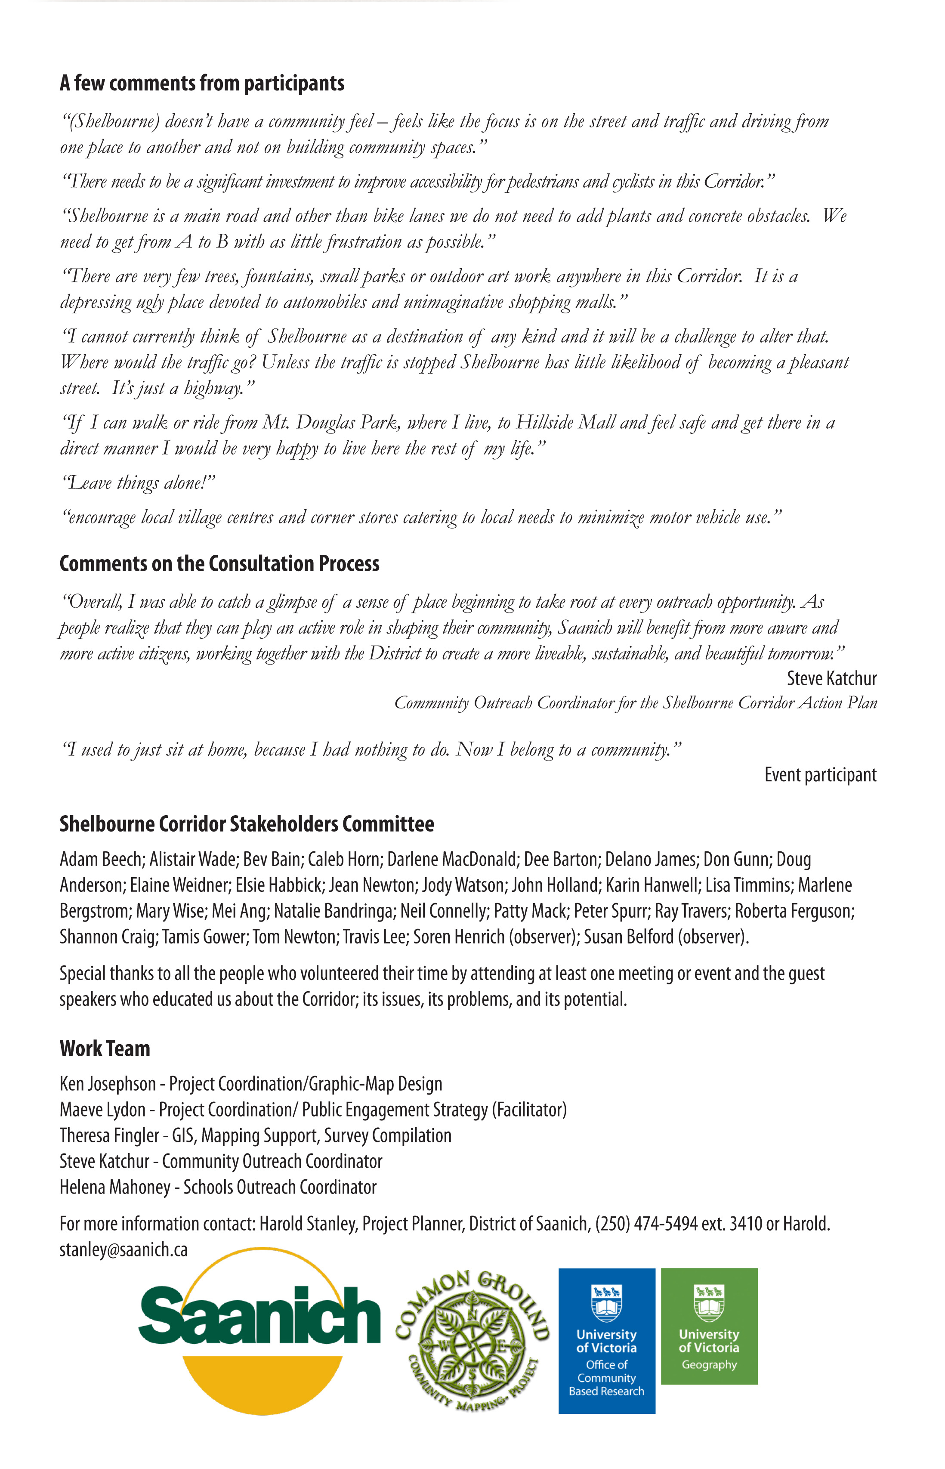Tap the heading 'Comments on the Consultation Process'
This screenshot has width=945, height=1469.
(x=219, y=563)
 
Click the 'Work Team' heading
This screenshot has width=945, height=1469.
(x=105, y=1048)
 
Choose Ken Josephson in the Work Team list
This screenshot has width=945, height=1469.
(x=108, y=1084)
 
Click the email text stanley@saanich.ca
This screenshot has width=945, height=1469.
(x=124, y=1249)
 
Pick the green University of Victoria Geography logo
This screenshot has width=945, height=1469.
(x=709, y=1325)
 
